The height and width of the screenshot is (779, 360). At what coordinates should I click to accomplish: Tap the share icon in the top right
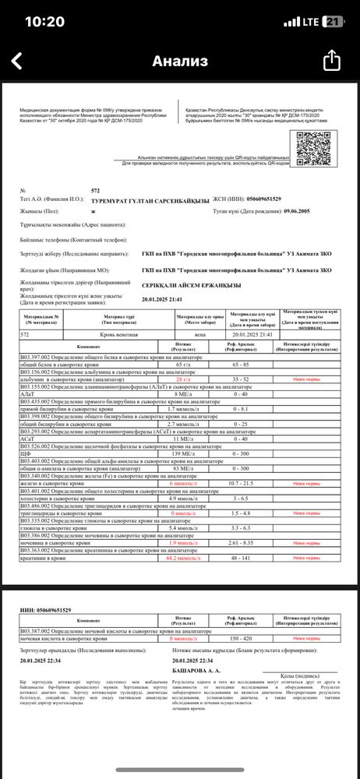[x=332, y=61]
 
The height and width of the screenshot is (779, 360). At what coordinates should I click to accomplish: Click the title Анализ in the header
[x=180, y=61]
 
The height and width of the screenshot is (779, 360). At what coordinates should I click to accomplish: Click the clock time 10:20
[x=44, y=21]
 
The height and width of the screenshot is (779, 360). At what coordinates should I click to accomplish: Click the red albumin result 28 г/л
[x=183, y=379]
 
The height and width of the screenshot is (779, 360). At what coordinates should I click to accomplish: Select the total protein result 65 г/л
[x=183, y=364]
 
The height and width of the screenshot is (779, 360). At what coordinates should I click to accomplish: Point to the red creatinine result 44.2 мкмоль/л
[x=183, y=559]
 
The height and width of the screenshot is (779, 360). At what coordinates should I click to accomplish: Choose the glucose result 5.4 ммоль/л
[x=183, y=529]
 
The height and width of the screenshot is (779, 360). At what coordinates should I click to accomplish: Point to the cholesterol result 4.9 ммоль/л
[x=183, y=499]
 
